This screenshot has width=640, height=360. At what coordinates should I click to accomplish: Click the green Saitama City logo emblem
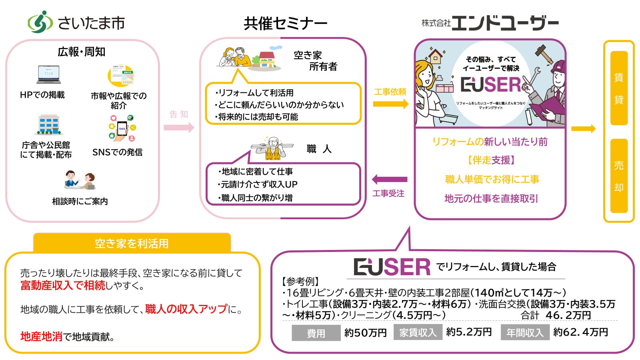click(40, 22)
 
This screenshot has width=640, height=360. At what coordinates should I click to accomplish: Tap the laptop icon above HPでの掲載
click(48, 74)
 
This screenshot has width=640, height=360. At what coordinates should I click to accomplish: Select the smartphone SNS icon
click(122, 128)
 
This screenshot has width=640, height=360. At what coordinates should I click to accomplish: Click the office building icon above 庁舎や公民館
click(49, 125)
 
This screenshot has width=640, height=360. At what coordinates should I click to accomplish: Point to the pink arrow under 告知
click(178, 128)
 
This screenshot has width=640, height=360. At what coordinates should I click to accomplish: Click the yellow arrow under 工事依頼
click(390, 104)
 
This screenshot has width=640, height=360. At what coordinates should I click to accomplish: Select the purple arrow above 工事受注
click(390, 180)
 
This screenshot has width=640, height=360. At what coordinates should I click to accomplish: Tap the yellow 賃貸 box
click(619, 88)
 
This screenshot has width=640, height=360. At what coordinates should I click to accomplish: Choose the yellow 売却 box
click(619, 176)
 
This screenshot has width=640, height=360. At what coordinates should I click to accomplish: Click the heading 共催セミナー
click(285, 24)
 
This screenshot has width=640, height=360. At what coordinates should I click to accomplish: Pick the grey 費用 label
click(316, 333)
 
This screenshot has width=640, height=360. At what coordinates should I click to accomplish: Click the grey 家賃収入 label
click(418, 332)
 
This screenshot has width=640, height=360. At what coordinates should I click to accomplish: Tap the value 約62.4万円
click(581, 332)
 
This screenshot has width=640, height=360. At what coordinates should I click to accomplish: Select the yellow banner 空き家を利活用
click(132, 243)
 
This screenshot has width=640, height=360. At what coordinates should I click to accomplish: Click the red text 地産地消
click(41, 336)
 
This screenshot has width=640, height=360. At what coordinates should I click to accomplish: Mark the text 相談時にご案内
click(80, 201)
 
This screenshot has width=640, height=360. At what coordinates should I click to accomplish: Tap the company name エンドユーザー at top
click(504, 23)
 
